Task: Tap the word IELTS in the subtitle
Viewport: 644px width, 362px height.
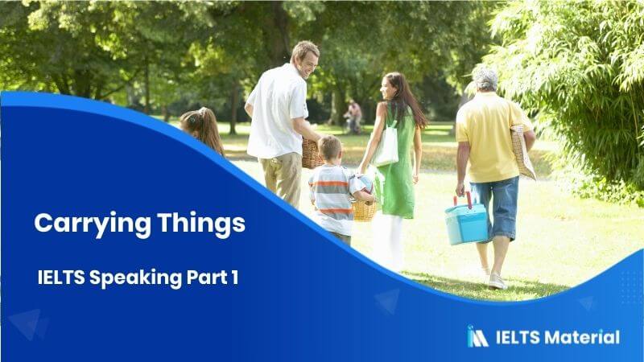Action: pos(62,278)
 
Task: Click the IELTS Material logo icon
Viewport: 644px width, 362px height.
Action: pos(477,336)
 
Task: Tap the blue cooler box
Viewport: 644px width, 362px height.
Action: pos(466,224)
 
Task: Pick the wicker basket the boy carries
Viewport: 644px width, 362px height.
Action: pos(364,211)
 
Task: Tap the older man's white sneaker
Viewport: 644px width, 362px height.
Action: pos(497,282)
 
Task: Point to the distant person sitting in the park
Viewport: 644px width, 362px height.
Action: pos(353,114)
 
